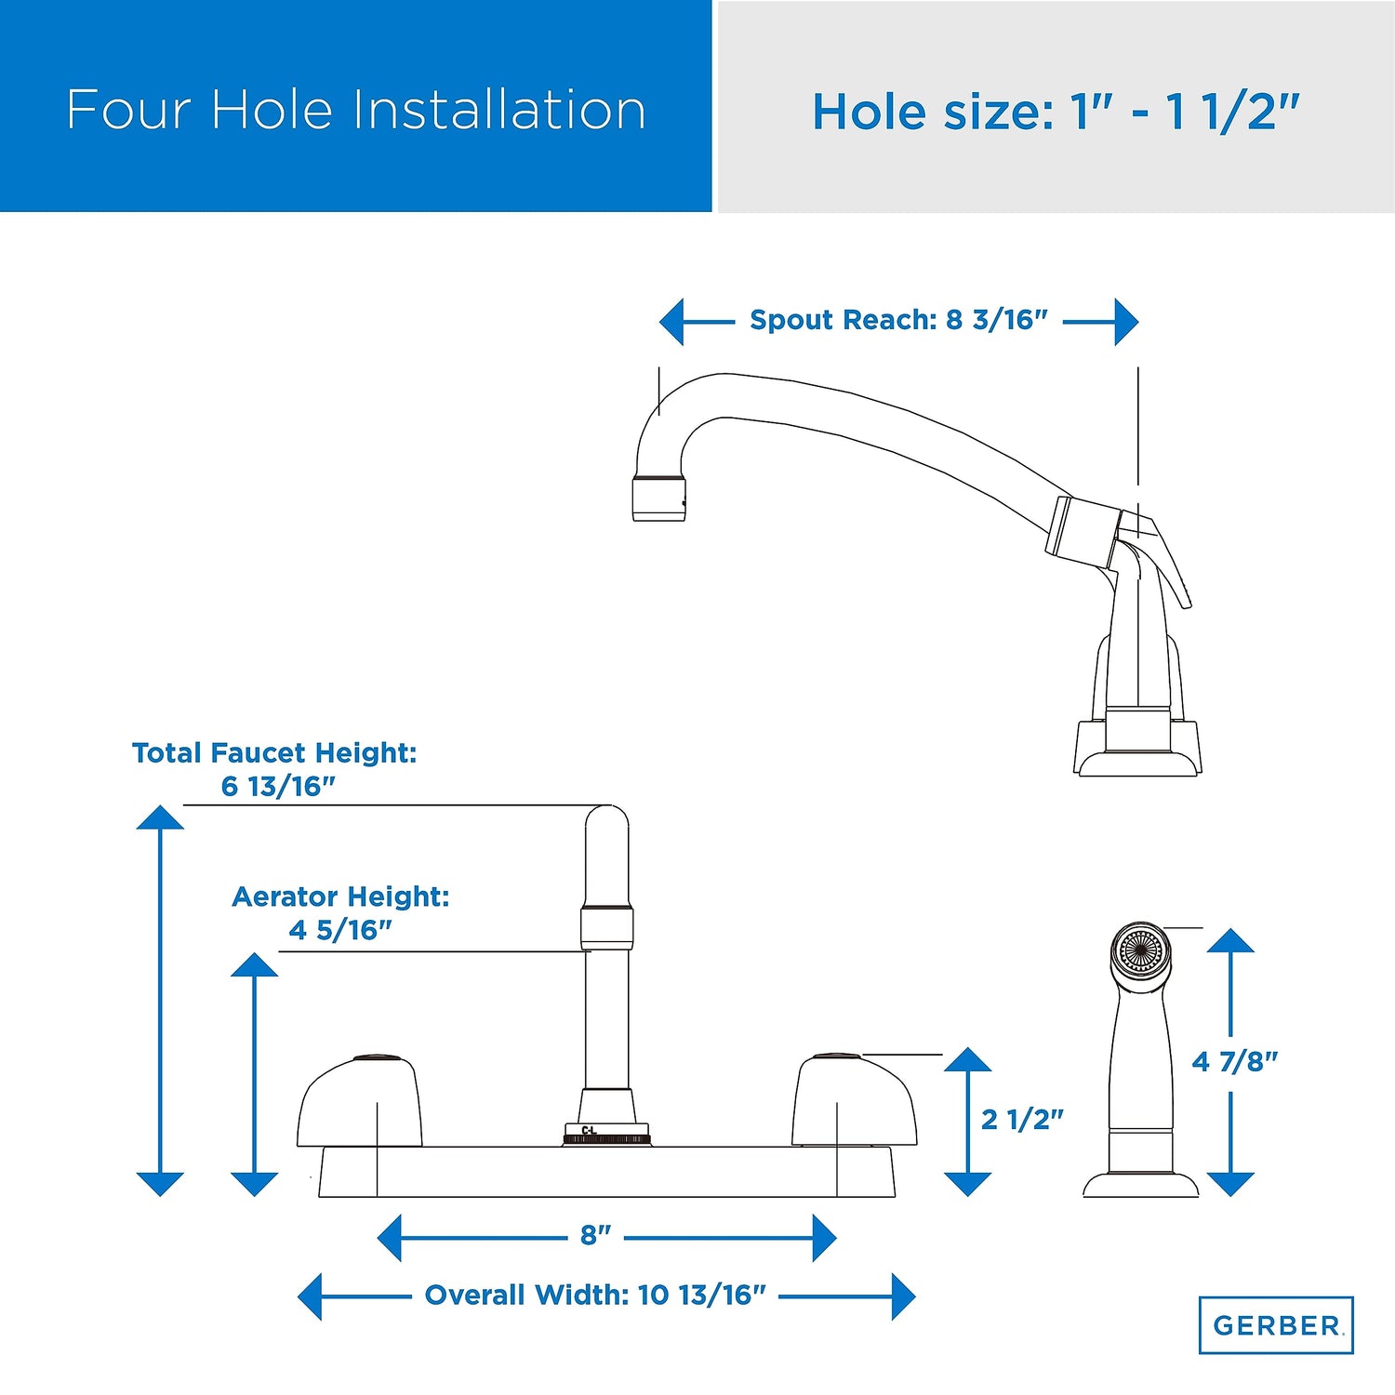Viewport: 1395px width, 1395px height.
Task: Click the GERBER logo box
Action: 1276,1324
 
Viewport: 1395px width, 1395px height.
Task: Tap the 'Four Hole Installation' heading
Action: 356,110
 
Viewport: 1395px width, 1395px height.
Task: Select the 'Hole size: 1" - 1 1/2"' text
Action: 1056,112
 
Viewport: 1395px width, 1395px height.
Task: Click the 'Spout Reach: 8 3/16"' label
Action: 898,320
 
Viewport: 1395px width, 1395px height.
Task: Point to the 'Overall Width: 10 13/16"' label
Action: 595,1295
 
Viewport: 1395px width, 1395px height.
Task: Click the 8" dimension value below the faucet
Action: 595,1235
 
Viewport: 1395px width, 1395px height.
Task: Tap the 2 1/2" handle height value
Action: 1022,1119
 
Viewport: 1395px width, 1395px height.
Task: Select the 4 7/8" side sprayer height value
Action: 1235,1061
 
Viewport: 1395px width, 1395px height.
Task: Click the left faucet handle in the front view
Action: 359,1101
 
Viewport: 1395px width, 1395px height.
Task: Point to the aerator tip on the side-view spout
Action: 659,498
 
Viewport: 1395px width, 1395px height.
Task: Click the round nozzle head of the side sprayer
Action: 1141,950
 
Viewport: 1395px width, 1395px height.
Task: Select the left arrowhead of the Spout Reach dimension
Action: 672,322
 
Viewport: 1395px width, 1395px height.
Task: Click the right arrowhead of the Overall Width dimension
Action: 903,1296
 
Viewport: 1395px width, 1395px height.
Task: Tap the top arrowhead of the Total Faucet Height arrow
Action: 160,817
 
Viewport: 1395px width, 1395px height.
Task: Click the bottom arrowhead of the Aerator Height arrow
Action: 254,1184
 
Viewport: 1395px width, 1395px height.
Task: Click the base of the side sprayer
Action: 1141,1184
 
